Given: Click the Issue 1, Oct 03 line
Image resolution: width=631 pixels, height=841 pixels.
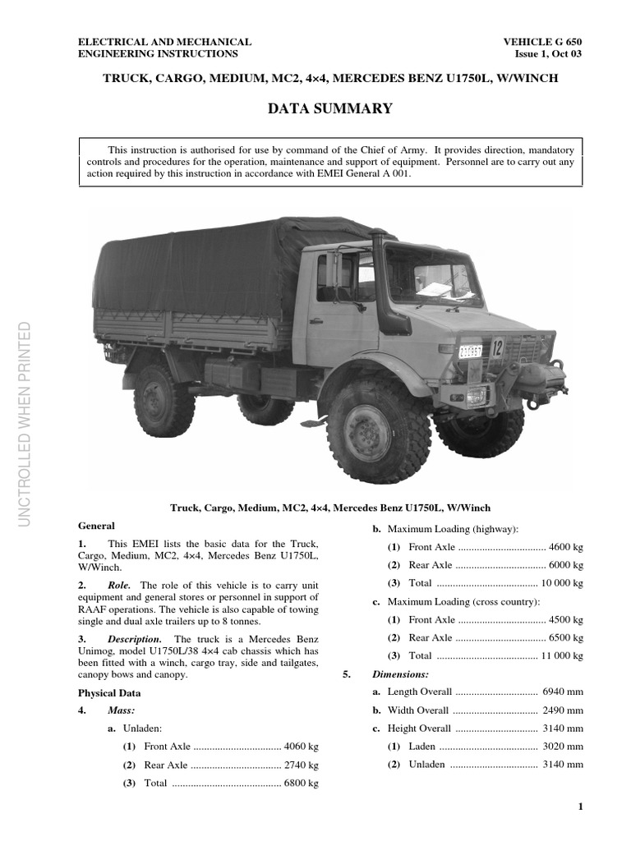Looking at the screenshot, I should tap(549, 54).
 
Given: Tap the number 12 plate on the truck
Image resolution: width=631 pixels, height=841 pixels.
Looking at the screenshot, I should tap(496, 347).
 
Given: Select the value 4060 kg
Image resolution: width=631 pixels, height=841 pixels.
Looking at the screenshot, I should tap(301, 747).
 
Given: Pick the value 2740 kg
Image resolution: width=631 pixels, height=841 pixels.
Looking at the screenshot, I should tap(301, 765).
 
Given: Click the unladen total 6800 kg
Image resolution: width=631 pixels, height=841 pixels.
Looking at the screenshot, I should tap(301, 784).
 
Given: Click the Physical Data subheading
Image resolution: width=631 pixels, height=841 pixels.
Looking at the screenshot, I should tap(109, 692).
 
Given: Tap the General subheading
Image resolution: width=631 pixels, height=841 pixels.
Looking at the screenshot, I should tap(96, 526).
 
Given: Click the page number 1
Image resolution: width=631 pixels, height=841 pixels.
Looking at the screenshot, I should tap(580, 807).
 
